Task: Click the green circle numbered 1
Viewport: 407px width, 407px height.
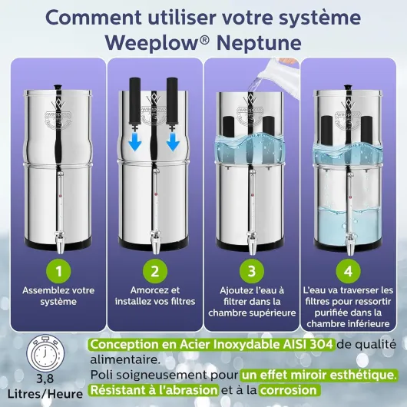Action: click(x=58, y=271)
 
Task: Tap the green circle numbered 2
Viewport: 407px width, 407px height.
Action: click(x=155, y=271)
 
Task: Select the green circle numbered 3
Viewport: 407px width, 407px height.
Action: click(x=252, y=271)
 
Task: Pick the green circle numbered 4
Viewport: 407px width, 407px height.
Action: click(x=348, y=271)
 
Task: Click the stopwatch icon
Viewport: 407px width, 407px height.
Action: click(x=45, y=353)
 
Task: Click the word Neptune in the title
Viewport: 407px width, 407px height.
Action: click(x=259, y=43)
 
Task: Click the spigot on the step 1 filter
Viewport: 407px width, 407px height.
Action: click(x=60, y=243)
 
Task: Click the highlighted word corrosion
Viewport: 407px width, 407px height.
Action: click(x=289, y=390)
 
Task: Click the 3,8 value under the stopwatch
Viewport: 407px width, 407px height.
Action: click(x=45, y=379)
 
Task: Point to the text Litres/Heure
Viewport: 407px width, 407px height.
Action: click(x=45, y=394)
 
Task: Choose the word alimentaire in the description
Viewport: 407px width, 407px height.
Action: click(x=125, y=359)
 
